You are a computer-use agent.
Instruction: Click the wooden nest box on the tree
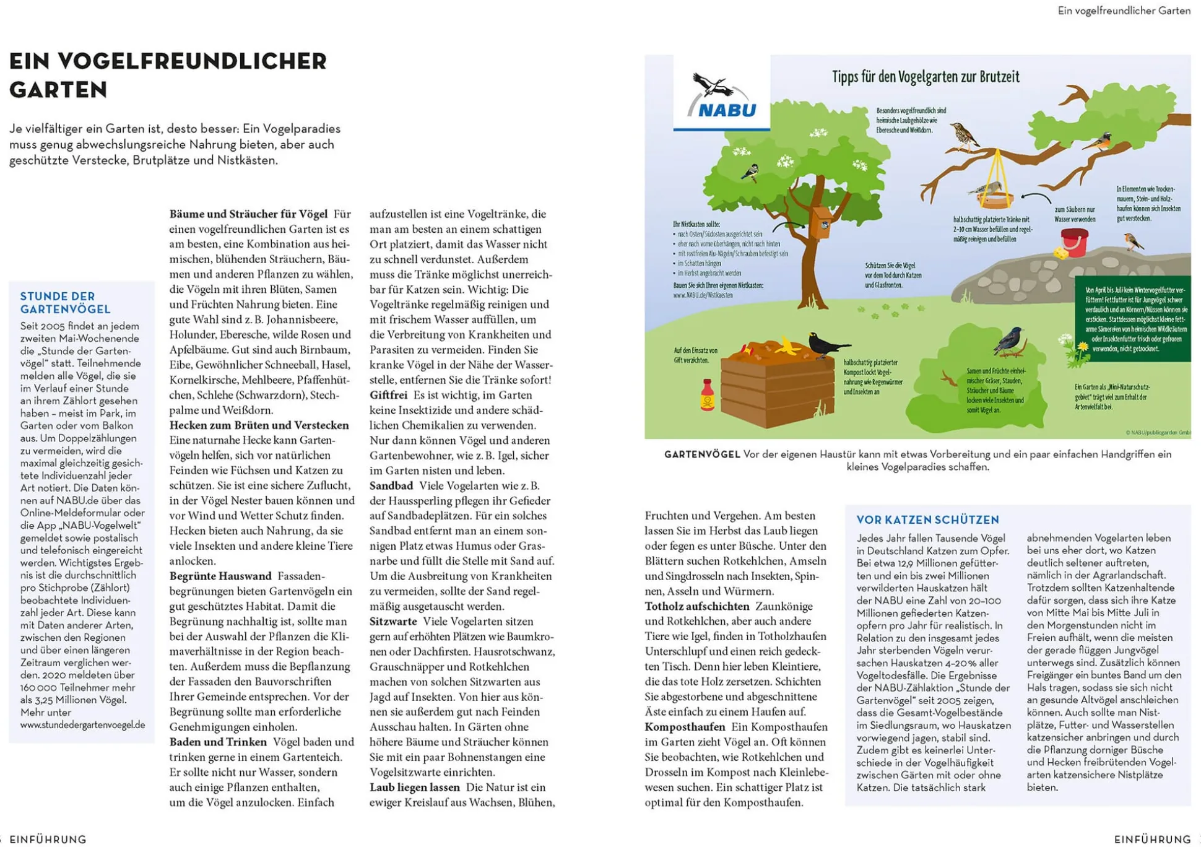click(822, 223)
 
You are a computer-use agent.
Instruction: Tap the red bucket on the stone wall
click(1075, 242)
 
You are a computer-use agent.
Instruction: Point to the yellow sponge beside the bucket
click(1060, 253)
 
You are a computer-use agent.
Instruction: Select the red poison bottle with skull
click(707, 395)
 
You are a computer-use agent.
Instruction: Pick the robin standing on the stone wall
click(1133, 241)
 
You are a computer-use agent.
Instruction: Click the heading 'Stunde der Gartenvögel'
click(65, 303)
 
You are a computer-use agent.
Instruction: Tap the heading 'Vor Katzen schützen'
click(927, 520)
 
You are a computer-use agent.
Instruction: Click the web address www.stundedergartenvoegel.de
click(82, 725)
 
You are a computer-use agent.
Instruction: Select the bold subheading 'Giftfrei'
click(388, 395)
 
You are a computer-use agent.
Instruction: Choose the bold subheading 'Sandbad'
click(391, 486)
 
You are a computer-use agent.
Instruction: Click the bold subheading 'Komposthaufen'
click(685, 727)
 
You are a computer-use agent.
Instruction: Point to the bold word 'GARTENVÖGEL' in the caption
click(702, 454)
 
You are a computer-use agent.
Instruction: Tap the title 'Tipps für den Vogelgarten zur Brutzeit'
click(925, 77)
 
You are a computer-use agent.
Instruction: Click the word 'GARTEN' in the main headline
click(58, 90)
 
